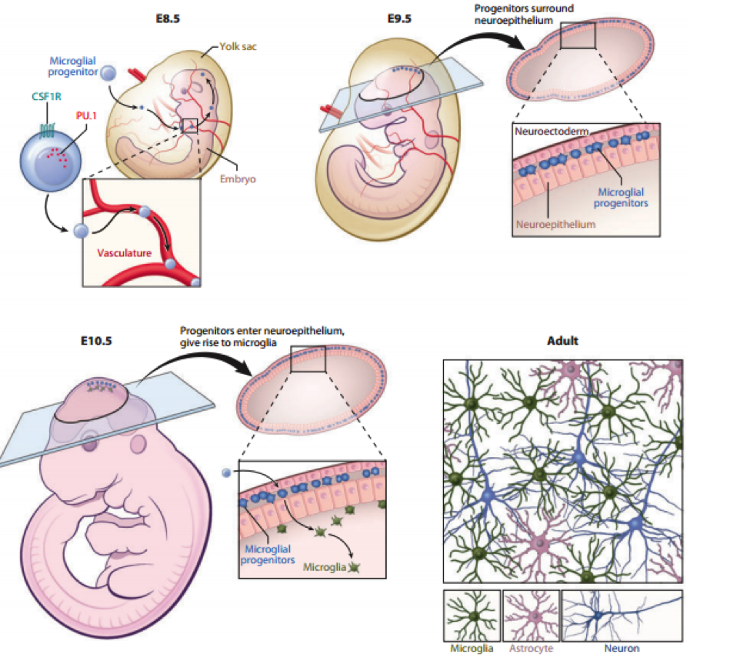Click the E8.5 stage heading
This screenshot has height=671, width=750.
pyautogui.click(x=167, y=18)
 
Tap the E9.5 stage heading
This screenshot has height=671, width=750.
pyautogui.click(x=399, y=18)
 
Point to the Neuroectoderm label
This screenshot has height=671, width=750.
pyautogui.click(x=548, y=132)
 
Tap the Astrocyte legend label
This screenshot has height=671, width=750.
pyautogui.click(x=531, y=648)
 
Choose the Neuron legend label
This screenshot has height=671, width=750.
pyautogui.click(x=622, y=648)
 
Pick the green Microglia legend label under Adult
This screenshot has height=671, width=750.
pyautogui.click(x=472, y=648)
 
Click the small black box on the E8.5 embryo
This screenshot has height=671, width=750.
pyautogui.click(x=190, y=125)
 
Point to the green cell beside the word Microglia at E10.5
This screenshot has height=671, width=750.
pyautogui.click(x=354, y=567)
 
